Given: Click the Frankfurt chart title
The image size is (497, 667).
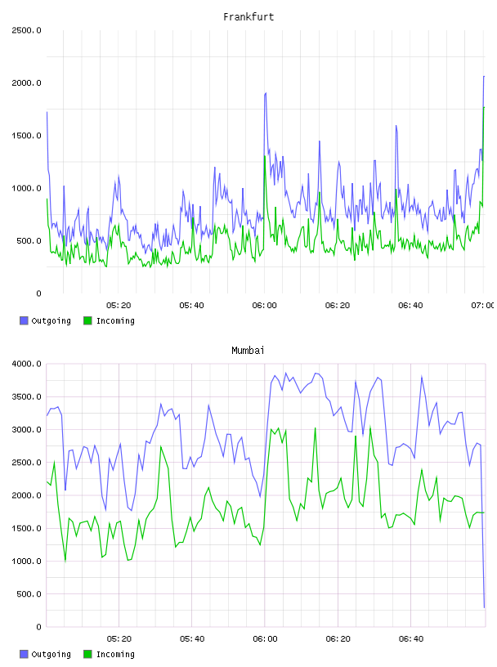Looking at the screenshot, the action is pyautogui.click(x=248, y=17).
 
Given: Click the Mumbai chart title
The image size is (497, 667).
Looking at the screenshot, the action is pyautogui.click(x=248, y=351).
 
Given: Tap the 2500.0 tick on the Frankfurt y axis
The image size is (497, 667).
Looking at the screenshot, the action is pyautogui.click(x=26, y=30).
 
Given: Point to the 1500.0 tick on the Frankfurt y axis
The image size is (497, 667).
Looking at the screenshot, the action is pyautogui.click(x=26, y=136).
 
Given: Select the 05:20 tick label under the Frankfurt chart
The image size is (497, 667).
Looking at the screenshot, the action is pyautogui.click(x=119, y=306).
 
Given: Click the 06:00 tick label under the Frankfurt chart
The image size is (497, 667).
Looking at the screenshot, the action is pyautogui.click(x=264, y=306).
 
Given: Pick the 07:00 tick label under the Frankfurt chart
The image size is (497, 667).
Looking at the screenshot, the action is pyautogui.click(x=483, y=306).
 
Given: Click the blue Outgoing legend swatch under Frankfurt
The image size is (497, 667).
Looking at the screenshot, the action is pyautogui.click(x=24, y=320).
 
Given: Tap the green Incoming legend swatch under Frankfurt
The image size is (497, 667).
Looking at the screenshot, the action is pyautogui.click(x=87, y=320).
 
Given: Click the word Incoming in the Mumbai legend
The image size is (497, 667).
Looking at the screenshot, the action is pyautogui.click(x=115, y=654).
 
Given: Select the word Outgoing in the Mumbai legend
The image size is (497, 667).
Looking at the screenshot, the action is pyautogui.click(x=51, y=654).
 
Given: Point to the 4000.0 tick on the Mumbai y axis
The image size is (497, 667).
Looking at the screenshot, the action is pyautogui.click(x=26, y=364).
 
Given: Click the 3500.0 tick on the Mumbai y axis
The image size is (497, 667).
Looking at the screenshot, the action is pyautogui.click(x=26, y=397).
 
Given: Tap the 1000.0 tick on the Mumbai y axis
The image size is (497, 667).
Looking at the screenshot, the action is pyautogui.click(x=26, y=561).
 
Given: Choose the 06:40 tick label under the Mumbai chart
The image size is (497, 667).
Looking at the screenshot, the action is pyautogui.click(x=411, y=639).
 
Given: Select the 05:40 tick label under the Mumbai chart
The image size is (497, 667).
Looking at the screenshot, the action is pyautogui.click(x=192, y=639).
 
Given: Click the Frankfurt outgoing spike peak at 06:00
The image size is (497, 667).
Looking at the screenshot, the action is pyautogui.click(x=266, y=92).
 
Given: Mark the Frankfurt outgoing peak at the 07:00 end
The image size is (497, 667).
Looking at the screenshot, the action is pyautogui.click(x=484, y=77).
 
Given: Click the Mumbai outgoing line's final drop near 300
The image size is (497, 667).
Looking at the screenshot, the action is pyautogui.click(x=484, y=607).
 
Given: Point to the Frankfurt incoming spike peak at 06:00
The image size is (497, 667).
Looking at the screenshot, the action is pyautogui.click(x=265, y=156).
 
